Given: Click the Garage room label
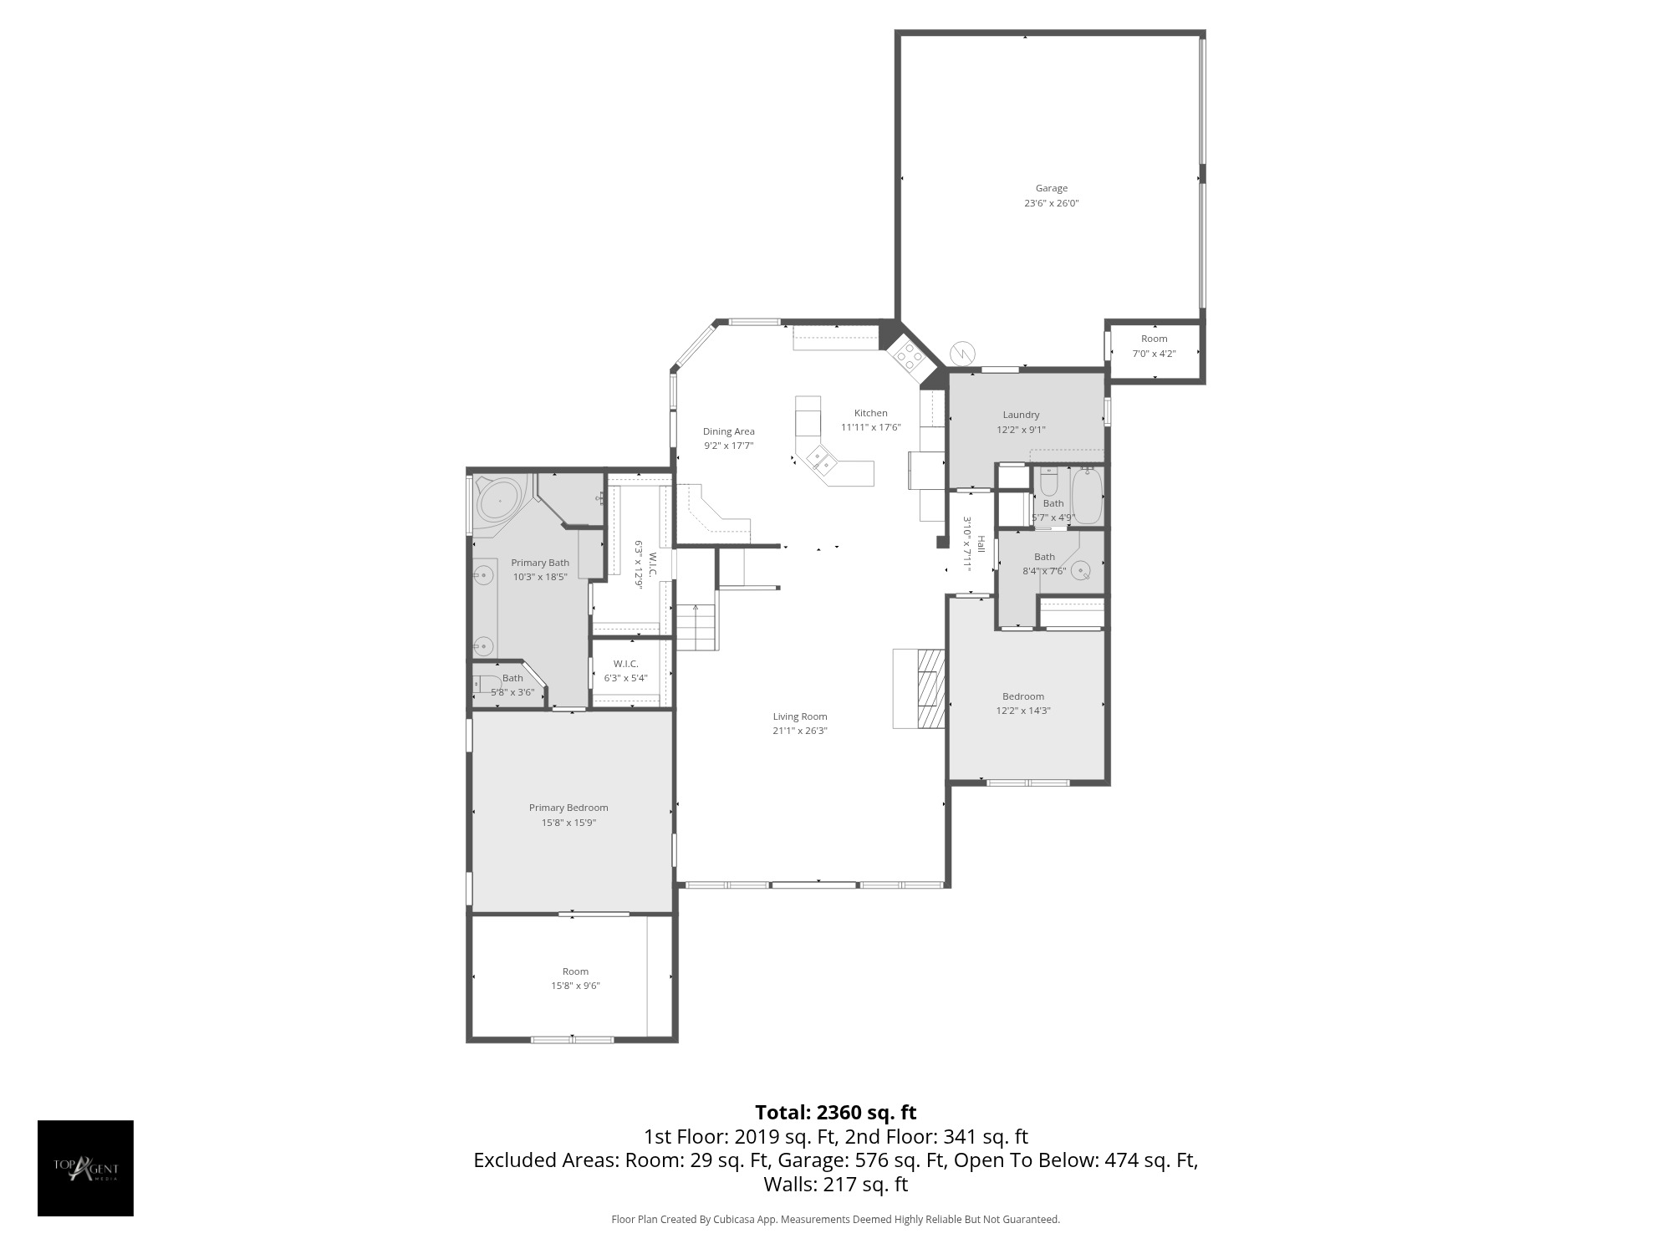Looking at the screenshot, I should point(1051,188).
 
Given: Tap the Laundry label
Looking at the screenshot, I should point(1021,415).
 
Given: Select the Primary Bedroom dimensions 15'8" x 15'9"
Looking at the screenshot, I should point(568,823).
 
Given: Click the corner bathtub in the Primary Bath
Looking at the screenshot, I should point(499,501).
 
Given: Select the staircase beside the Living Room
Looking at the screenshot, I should point(696,627).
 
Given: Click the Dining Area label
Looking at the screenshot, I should point(728,431).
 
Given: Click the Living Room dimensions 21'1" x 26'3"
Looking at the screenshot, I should point(800,731).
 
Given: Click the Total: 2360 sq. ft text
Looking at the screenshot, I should point(835,1113).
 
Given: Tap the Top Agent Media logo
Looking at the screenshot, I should point(85,1168).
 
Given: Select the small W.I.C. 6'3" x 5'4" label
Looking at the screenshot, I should point(625,670).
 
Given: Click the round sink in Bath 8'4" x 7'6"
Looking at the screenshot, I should point(1083,571).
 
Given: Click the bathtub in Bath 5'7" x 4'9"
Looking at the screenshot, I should point(1088,496).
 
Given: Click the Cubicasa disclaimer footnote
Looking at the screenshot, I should point(835,1220).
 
